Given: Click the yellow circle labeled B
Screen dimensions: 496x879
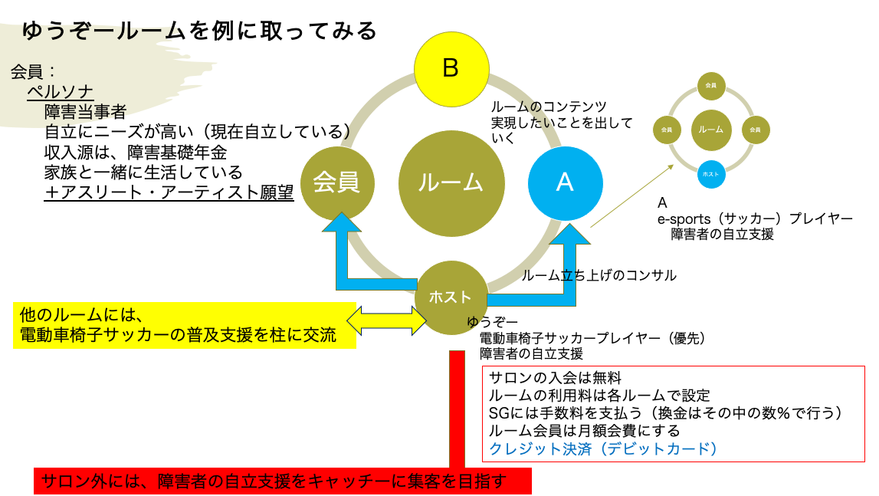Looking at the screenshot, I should pos(451,68).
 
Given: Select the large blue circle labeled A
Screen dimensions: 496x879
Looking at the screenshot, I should pos(565,182).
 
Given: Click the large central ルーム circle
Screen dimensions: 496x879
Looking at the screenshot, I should pos(451,182).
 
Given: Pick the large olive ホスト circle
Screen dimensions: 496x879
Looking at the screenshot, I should pos(451,297).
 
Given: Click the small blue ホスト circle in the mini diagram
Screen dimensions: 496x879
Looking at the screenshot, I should pos(710,174).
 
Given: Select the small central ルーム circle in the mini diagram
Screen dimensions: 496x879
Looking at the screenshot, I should pos(710,130).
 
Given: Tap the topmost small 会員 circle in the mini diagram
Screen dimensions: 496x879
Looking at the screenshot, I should pos(710,86).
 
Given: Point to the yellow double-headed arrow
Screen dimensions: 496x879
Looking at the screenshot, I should pos(387,319).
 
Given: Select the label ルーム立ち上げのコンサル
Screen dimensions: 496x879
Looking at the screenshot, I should pos(599,275).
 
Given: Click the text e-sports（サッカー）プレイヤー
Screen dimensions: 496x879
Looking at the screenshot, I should pos(755,219).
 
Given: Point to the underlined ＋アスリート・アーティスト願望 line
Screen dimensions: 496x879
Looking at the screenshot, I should pos(169,192).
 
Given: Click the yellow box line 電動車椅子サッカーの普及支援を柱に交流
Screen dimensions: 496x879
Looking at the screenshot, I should pos(178,336).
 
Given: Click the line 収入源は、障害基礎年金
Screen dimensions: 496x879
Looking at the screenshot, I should pos(136,152).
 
